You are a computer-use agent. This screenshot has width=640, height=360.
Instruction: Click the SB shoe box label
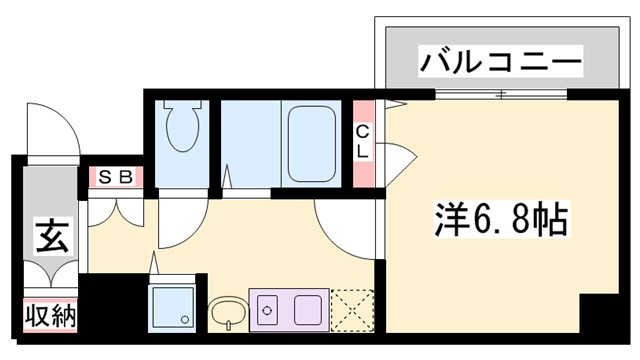pyautogui.click(x=116, y=177)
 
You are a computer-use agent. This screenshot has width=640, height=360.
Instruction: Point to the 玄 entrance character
pyautogui.click(x=49, y=239)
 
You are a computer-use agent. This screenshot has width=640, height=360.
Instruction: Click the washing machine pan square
pyautogui.click(x=173, y=308)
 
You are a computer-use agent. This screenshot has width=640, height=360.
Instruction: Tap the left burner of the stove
pyautogui.click(x=267, y=309)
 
